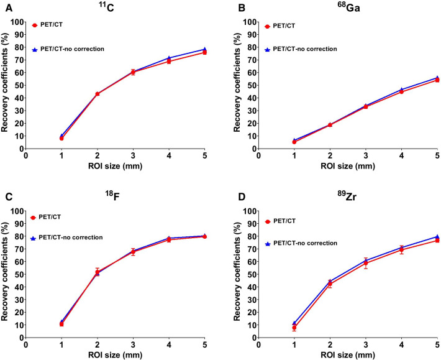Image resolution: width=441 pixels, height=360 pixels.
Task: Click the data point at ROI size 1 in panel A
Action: tap(61, 137)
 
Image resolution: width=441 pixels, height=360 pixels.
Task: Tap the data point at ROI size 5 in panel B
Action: tap(437, 80)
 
